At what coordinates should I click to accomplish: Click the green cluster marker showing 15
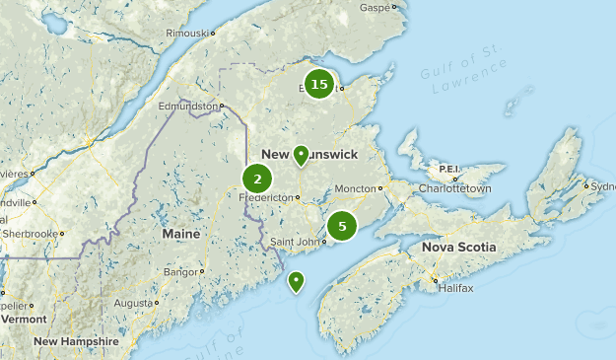[x=318, y=85]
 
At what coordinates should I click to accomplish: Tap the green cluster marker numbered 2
[x=257, y=179]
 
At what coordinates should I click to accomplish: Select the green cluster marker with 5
[x=342, y=226]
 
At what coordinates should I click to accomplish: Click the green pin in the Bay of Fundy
[x=296, y=281]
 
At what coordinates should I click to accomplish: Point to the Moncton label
[x=356, y=188]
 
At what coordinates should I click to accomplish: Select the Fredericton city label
[x=268, y=197]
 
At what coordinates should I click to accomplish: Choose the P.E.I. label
[x=449, y=169]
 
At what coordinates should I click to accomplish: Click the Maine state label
[x=180, y=234]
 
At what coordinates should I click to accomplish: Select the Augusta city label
[x=132, y=303]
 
